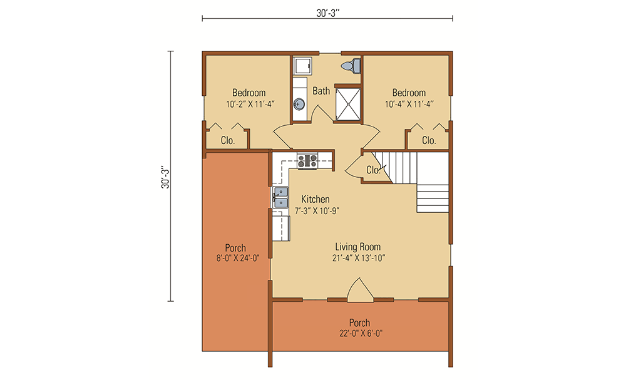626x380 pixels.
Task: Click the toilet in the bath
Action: point(351,65)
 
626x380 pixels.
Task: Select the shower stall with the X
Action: point(348,103)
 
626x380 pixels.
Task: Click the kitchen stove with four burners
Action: point(307,161)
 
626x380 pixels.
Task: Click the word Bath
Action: point(321,91)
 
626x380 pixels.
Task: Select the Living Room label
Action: point(357,247)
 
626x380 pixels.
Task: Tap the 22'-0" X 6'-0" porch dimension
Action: point(359,334)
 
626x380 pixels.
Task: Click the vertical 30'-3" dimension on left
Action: point(165,177)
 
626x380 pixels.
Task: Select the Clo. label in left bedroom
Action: point(227,141)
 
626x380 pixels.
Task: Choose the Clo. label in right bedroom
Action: point(429,141)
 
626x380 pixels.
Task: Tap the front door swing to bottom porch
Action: point(359,289)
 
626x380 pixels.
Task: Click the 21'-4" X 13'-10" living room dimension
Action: point(357,258)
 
